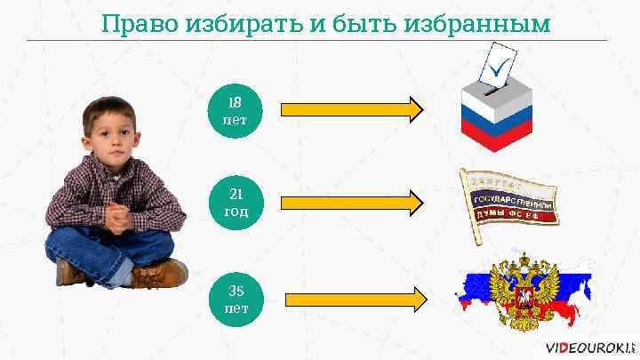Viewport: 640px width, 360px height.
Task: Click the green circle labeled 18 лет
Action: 236,110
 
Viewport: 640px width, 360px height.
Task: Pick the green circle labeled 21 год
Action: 236,203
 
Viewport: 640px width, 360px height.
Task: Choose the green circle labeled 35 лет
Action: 236,300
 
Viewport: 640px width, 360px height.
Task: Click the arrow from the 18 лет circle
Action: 352,109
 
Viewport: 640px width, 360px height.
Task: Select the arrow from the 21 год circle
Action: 352,203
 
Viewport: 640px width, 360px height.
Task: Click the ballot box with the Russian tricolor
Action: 495,114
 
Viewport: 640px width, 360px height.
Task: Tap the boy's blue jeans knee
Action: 67,244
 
